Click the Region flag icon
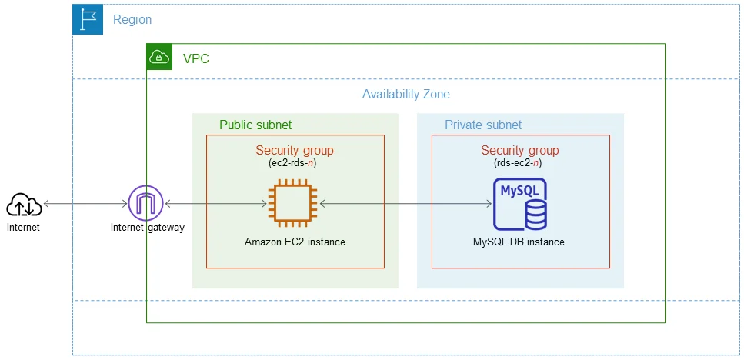point(87,19)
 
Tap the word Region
point(132,20)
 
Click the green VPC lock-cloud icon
point(159,57)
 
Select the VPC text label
point(195,58)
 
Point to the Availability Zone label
point(405,95)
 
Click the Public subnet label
point(255,125)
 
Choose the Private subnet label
point(482,125)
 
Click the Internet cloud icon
point(25,205)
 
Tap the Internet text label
point(23,228)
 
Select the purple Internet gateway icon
point(146,204)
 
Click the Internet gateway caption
point(147,228)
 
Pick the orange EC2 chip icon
point(294,204)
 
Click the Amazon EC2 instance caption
point(295,242)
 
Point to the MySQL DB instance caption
point(519,242)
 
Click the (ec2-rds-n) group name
point(295,164)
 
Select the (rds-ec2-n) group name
point(520,164)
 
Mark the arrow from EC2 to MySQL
point(405,204)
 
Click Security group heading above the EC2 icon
point(295,151)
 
